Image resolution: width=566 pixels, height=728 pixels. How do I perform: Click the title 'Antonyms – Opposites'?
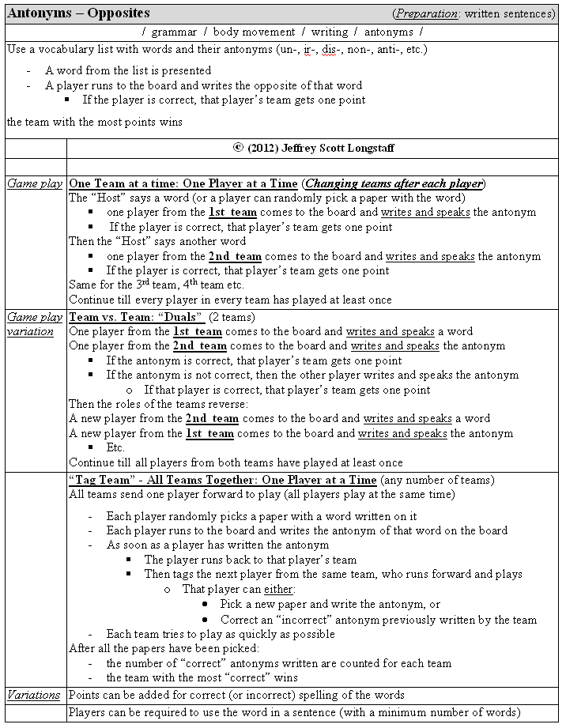click(x=78, y=13)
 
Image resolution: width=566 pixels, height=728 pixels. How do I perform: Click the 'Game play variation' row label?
click(x=35, y=324)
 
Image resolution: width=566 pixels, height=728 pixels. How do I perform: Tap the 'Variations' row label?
click(x=34, y=696)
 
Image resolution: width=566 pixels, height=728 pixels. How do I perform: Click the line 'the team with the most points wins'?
click(x=95, y=122)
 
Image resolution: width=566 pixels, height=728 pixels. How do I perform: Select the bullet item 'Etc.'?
click(x=115, y=447)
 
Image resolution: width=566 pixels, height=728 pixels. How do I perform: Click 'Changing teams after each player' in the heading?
click(x=394, y=183)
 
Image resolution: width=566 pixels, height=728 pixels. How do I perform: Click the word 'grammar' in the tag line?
click(x=174, y=32)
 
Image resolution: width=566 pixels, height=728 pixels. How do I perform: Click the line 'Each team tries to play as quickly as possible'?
click(x=221, y=634)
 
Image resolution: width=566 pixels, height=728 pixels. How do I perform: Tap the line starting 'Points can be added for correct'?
click(x=236, y=696)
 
